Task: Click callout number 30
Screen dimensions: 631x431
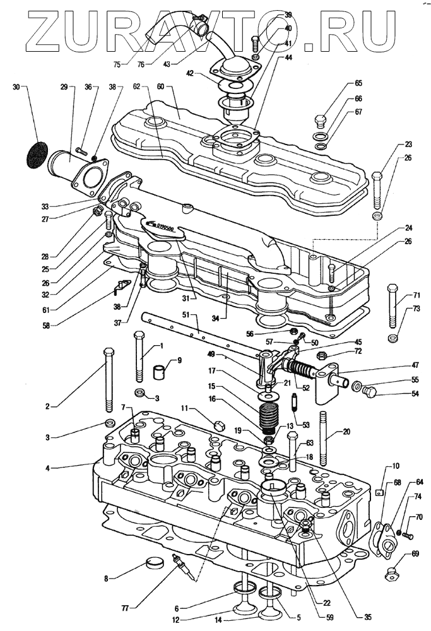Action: coord(16,88)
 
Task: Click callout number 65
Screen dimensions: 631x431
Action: coord(358,83)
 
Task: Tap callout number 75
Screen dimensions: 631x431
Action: coord(117,63)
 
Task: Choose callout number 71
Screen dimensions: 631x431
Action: coord(417,295)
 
